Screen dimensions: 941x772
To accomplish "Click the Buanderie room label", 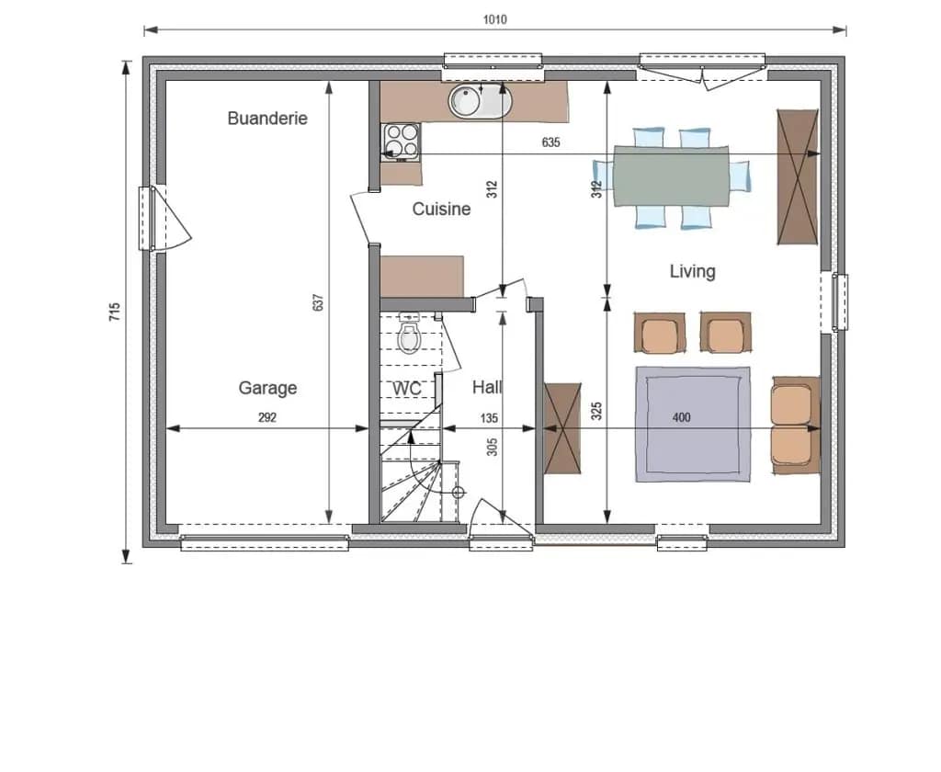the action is pos(267,119).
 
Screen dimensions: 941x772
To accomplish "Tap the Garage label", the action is pos(267,388).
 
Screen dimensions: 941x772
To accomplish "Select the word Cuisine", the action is pos(441,209).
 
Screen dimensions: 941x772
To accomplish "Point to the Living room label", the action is pos(693,271).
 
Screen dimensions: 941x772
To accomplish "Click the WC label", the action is pos(407,389).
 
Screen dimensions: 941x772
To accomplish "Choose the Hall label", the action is pos(487,387).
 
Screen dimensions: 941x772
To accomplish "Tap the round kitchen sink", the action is pos(481,101).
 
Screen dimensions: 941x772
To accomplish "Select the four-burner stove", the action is pos(401,142).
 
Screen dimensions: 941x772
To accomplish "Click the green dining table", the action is pos(671,176).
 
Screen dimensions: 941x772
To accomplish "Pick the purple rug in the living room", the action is pos(693,425).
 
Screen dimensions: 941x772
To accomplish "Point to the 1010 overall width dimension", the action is pos(495,20).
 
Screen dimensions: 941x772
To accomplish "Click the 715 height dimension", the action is pos(114,312).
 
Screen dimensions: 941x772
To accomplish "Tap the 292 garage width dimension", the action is pos(267,417).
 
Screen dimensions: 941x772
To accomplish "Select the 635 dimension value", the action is pos(550,142).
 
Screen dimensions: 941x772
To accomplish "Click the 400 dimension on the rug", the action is pos(681,417).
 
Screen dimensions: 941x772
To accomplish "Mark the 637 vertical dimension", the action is pos(318,302).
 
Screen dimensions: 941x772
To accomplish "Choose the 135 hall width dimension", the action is pos(489,418).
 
